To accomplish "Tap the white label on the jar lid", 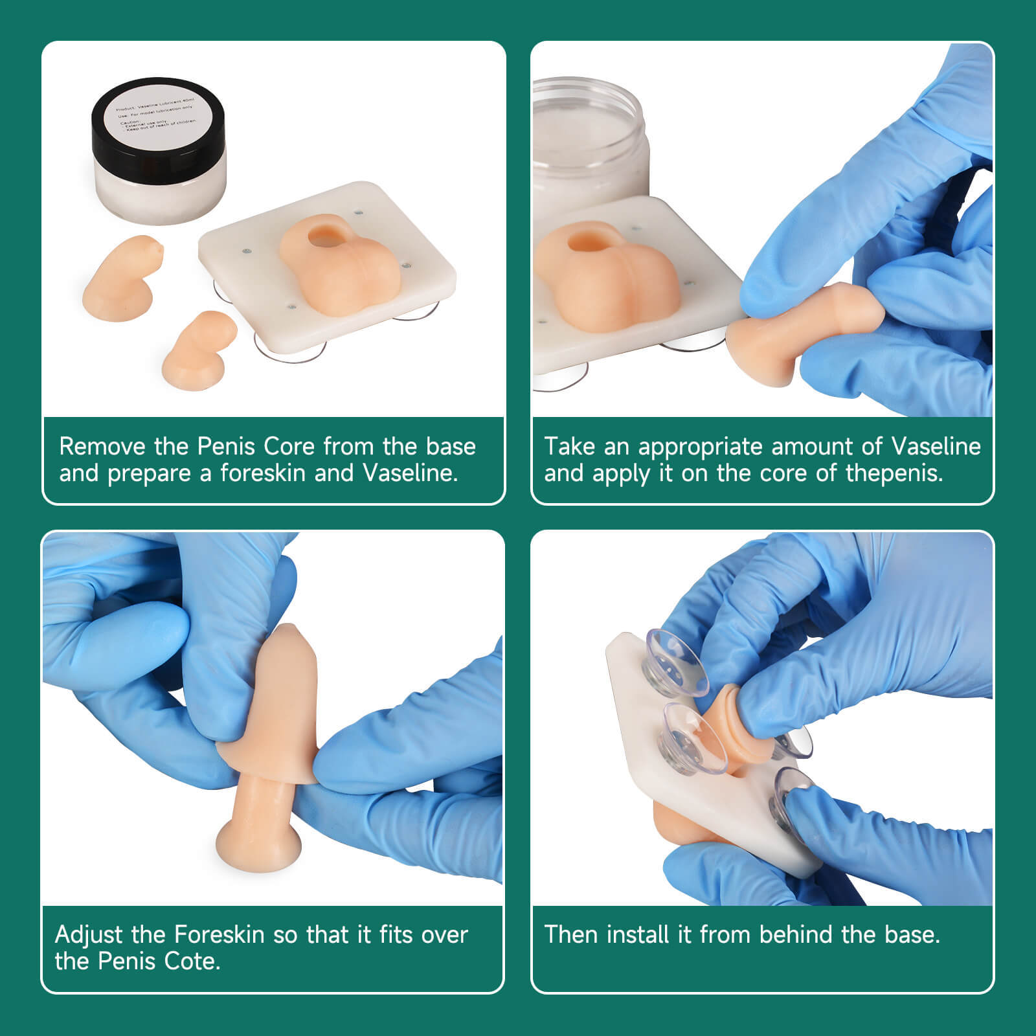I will (x=158, y=113).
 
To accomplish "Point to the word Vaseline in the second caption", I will (x=936, y=447).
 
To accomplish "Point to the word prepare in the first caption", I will (x=150, y=474).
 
